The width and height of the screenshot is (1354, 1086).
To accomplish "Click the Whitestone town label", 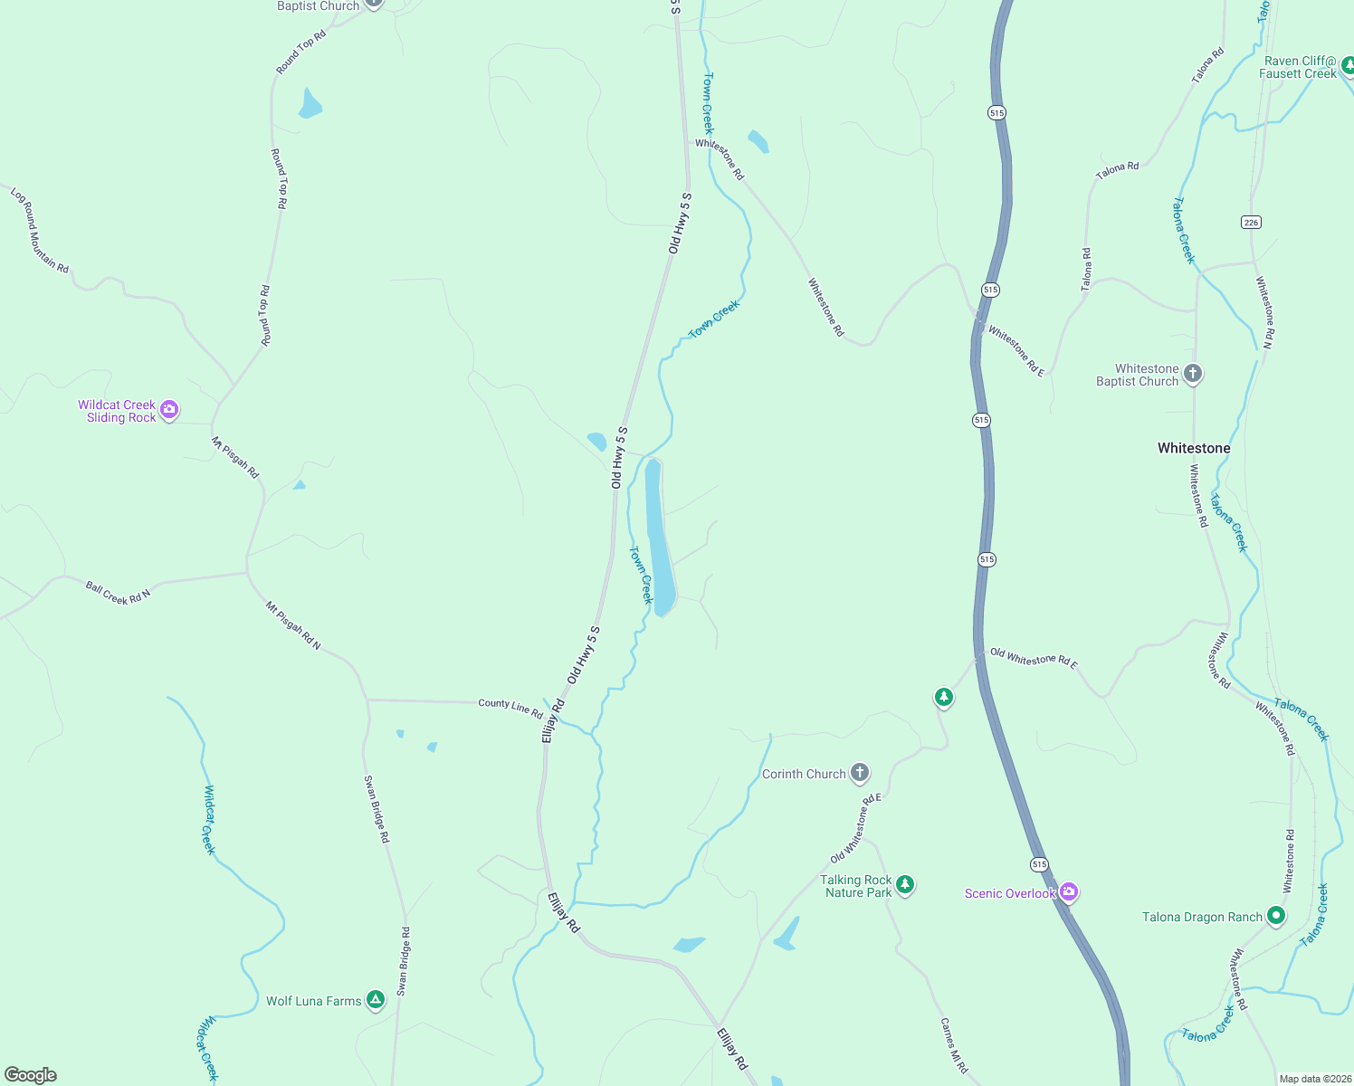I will pyautogui.click(x=1194, y=448).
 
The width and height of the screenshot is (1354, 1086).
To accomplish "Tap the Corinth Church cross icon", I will pyautogui.click(x=860, y=773).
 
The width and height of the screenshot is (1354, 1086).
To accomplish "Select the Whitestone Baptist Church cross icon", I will pyautogui.click(x=1193, y=373).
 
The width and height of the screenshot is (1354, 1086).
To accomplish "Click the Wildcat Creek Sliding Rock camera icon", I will pyautogui.click(x=169, y=411).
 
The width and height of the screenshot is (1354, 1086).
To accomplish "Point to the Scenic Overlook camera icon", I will pyautogui.click(x=1069, y=892).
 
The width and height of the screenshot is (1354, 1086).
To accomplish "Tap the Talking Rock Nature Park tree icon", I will pyautogui.click(x=905, y=885).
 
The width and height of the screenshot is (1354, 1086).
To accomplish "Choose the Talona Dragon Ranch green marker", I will pyautogui.click(x=1276, y=916).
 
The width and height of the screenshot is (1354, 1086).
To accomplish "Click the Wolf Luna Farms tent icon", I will pyautogui.click(x=376, y=1000).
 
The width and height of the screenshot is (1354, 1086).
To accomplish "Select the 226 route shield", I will pyautogui.click(x=1251, y=222).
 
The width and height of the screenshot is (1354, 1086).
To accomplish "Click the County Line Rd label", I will pyautogui.click(x=510, y=707).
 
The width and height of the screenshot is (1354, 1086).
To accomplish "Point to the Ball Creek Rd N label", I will pyautogui.click(x=118, y=593).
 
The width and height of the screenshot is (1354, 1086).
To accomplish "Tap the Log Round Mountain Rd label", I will pyautogui.click(x=39, y=230).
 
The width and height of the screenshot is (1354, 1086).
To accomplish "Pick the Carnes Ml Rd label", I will pyautogui.click(x=954, y=1045).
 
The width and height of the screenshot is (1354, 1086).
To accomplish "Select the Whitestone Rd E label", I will pyautogui.click(x=1016, y=349).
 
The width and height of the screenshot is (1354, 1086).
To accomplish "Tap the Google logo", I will pyautogui.click(x=31, y=1075).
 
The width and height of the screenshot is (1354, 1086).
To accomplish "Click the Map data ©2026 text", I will pyautogui.click(x=1313, y=1079).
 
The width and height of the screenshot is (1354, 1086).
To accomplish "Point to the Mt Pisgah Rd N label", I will pyautogui.click(x=292, y=625).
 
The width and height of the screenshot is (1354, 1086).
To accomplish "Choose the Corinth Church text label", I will pyautogui.click(x=804, y=774).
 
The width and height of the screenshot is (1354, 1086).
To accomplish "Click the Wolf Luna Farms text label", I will pyautogui.click(x=313, y=1001).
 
